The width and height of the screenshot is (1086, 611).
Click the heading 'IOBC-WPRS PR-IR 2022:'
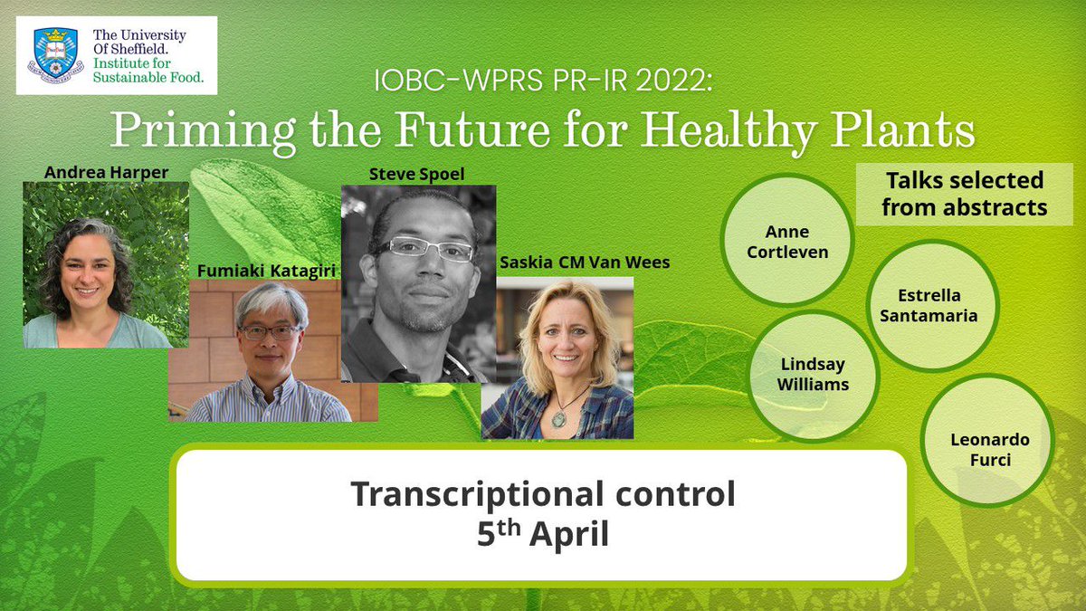point(544,82)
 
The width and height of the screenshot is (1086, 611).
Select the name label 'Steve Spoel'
point(418,173)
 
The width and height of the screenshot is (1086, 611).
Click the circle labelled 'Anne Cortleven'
point(786,240)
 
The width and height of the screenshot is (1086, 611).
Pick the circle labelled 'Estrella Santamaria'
point(931,306)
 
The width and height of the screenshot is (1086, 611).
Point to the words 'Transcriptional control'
point(542,495)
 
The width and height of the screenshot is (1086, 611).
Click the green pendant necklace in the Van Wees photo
point(557,419)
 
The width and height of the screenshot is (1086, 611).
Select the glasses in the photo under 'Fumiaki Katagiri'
point(269,332)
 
